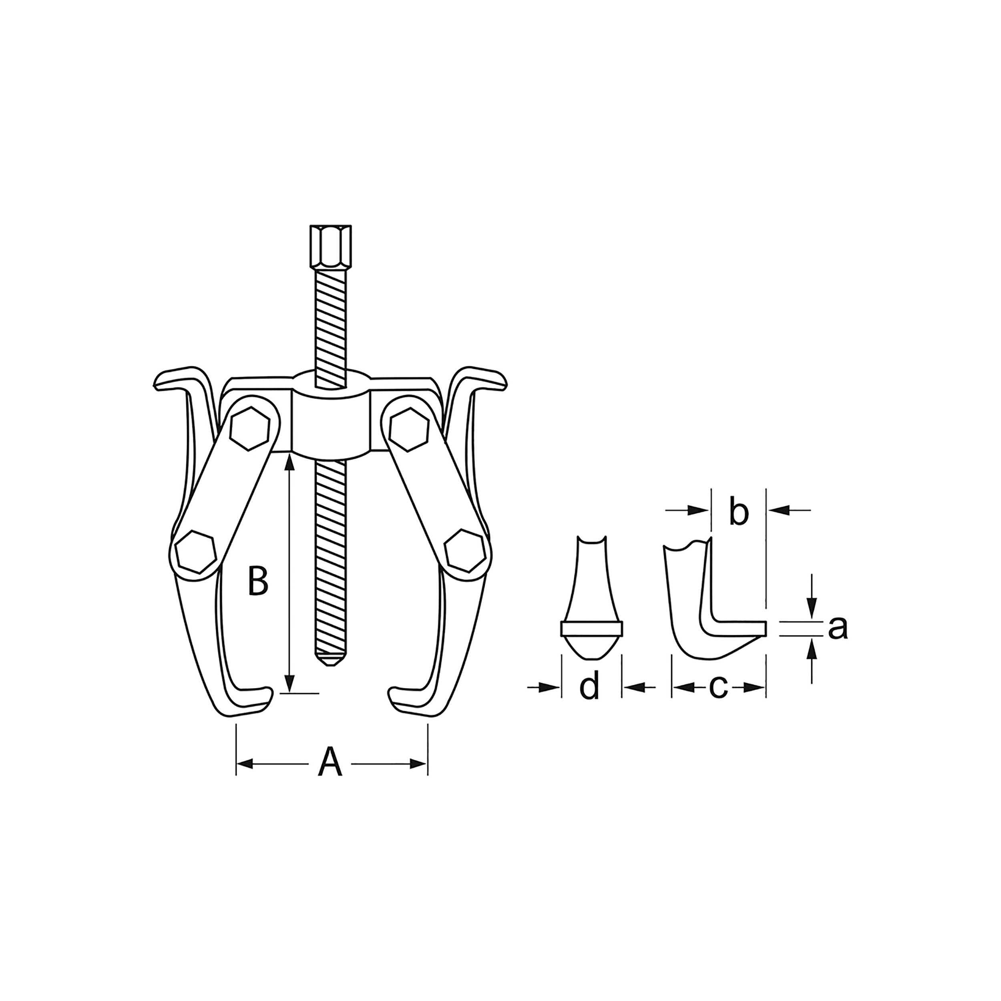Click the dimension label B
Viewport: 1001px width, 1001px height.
coord(258,581)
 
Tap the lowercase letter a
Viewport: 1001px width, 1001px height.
coord(837,628)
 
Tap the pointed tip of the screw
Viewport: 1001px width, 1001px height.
coord(330,661)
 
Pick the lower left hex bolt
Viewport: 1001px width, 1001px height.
coord(195,551)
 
